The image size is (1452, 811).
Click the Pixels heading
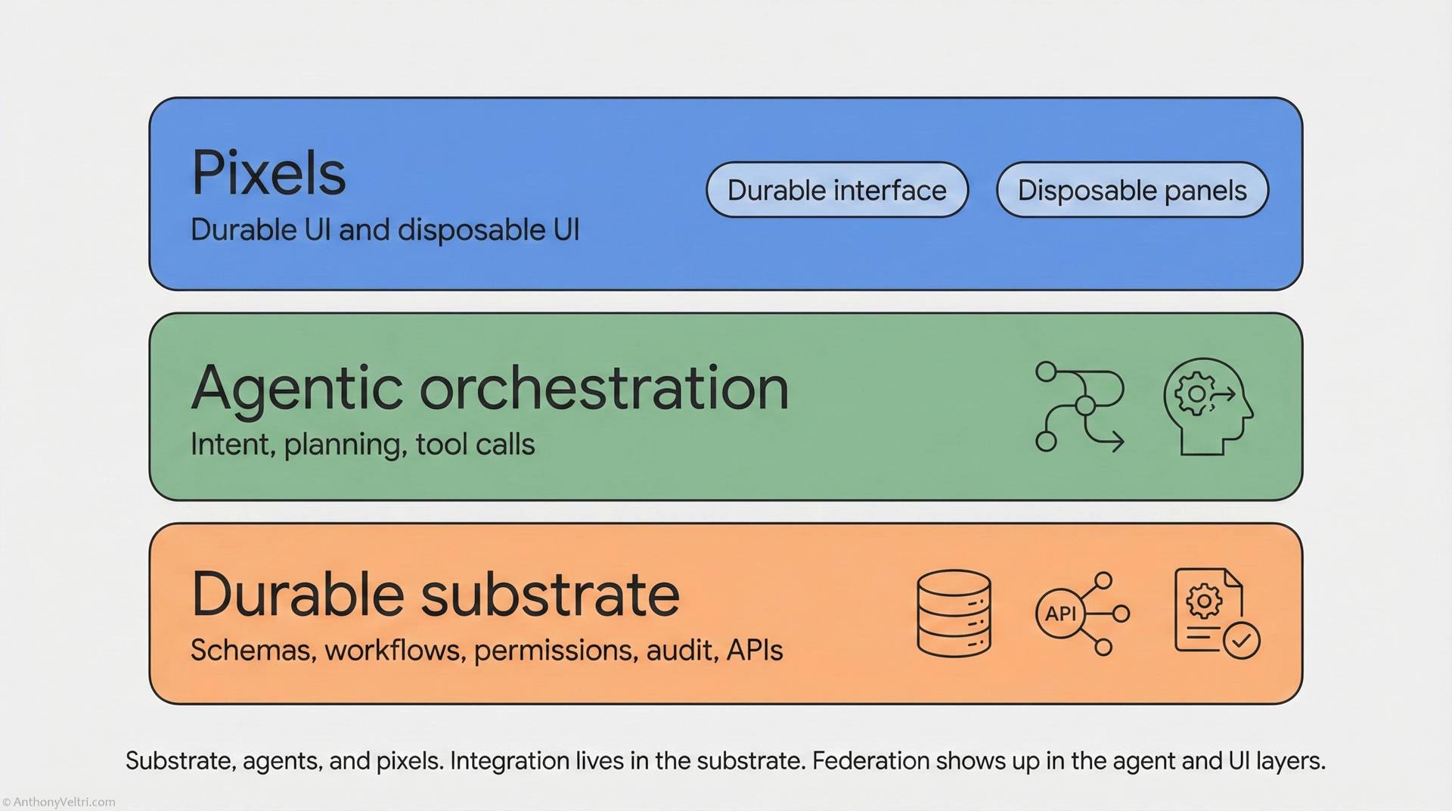(268, 173)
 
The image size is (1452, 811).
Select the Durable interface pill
(836, 190)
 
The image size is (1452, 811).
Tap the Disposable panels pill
(1131, 190)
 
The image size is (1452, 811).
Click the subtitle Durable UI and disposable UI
(384, 230)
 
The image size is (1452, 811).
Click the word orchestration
(603, 389)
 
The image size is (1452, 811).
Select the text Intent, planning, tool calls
(362, 445)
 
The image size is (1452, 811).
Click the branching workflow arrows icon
(1079, 406)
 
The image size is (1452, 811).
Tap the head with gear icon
(1207, 406)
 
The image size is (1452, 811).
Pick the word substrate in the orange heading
(550, 595)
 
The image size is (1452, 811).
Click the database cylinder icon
(954, 613)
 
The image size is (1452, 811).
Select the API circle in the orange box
(1060, 613)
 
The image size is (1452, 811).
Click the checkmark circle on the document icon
(1241, 641)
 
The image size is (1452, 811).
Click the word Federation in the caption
(870, 761)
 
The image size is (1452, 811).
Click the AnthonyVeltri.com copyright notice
(59, 802)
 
